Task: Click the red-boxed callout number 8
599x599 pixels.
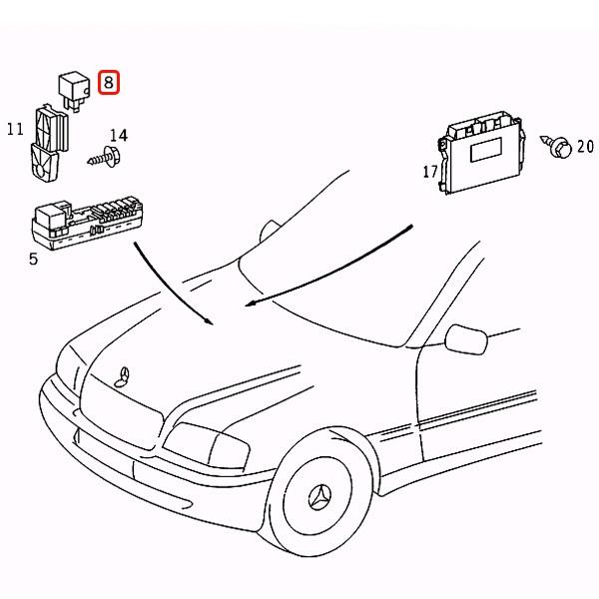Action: [x=108, y=83]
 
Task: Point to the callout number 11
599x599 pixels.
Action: [x=14, y=129]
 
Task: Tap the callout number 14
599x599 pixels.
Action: [x=118, y=135]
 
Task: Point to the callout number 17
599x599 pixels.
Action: [x=430, y=172]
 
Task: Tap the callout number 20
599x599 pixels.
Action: [x=584, y=147]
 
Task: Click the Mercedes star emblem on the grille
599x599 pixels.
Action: [x=123, y=375]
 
